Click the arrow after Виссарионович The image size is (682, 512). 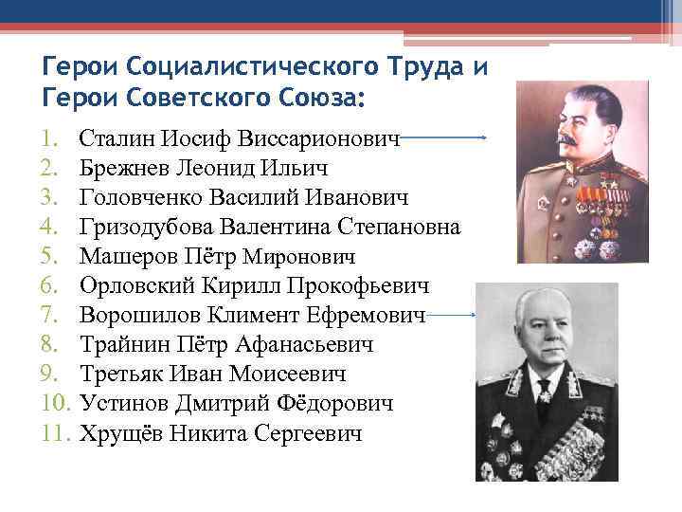444,138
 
